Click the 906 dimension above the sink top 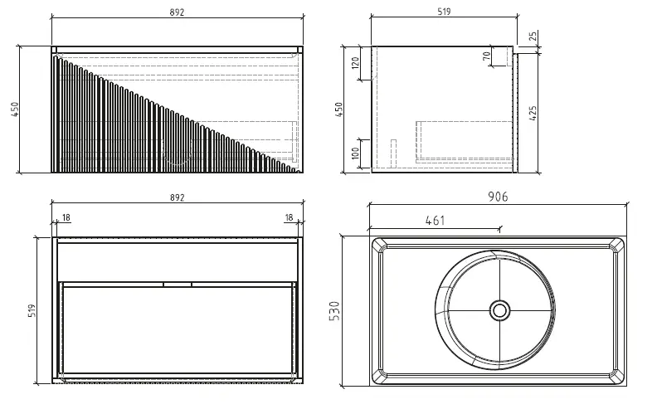coord(497,197)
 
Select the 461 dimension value coord(436,220)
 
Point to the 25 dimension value coord(532,37)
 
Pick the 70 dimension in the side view coord(486,56)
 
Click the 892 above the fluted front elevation coord(176,12)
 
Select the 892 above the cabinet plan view coord(176,197)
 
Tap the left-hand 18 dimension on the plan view coord(66,217)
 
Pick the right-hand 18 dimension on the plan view coord(289,217)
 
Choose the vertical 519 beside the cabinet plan coord(32,311)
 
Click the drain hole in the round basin coord(499,310)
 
